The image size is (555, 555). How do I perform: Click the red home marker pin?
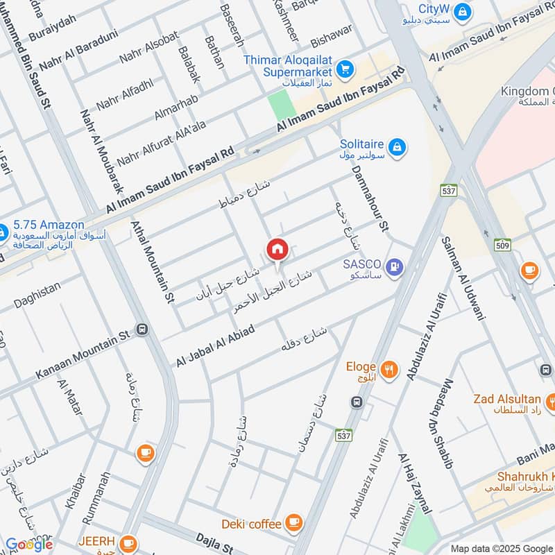[277, 249]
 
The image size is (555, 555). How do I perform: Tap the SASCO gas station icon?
[395, 266]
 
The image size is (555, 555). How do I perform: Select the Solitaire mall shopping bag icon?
[398, 146]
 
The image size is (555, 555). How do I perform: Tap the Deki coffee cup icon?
[293, 522]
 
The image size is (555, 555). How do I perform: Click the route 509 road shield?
[503, 244]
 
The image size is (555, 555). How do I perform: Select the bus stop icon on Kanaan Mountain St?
[142, 330]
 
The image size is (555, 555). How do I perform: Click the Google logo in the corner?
[28, 545]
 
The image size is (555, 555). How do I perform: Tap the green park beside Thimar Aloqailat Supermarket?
[281, 106]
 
